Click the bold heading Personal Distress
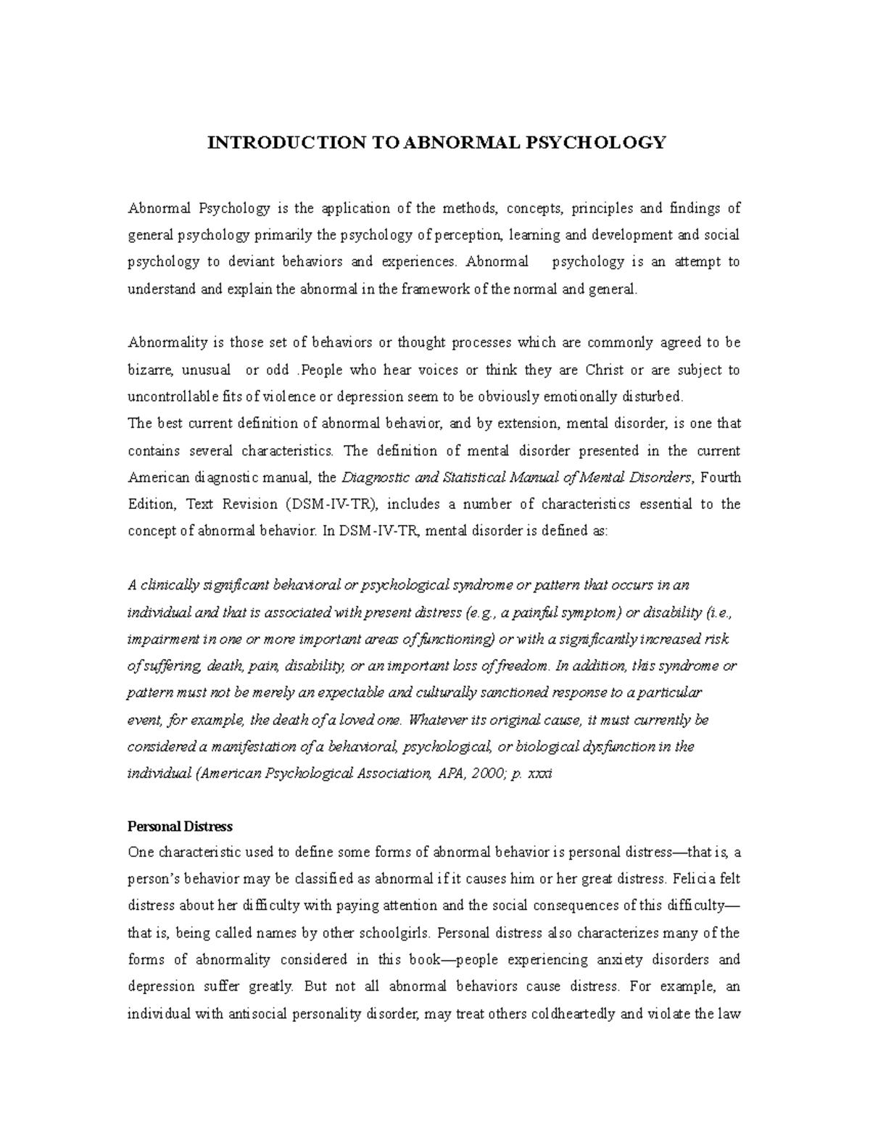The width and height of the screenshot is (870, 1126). [x=180, y=826]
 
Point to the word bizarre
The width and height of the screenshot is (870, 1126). [x=150, y=370]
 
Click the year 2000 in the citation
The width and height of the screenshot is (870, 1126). [x=485, y=773]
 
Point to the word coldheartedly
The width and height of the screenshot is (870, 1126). [x=574, y=1014]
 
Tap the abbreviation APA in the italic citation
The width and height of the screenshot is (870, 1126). [x=447, y=773]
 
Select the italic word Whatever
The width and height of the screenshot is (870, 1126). [x=435, y=720]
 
